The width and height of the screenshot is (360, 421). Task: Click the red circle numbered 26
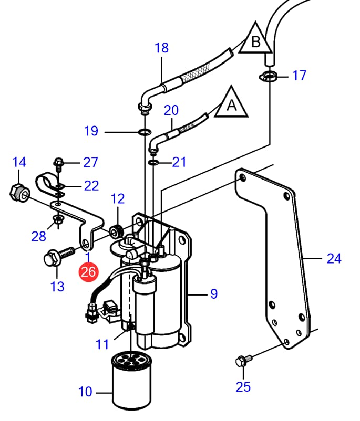tap(88, 272)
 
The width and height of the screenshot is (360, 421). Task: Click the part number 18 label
tap(161, 48)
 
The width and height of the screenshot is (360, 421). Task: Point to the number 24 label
tap(334, 258)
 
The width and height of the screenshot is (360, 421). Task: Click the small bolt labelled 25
tap(242, 361)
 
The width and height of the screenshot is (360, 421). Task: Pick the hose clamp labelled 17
tap(269, 77)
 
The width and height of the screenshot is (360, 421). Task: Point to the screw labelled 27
tap(58, 164)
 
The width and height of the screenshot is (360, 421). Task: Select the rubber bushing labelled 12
tap(117, 229)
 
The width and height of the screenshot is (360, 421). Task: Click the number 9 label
tap(213, 294)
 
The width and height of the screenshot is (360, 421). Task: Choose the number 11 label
tap(102, 344)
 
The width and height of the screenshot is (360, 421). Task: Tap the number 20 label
tap(171, 110)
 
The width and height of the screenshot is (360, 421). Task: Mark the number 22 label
tap(91, 185)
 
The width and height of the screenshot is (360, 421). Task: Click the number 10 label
tap(85, 392)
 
